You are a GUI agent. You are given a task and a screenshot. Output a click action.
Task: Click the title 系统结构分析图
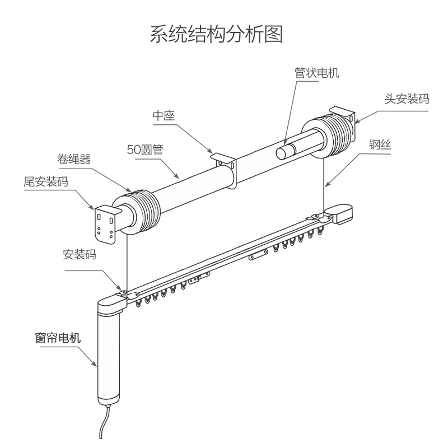pyautogui.click(x=216, y=34)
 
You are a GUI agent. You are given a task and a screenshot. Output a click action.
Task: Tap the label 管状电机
pyautogui.click(x=317, y=73)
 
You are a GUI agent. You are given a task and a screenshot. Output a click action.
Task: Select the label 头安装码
pyautogui.click(x=407, y=99)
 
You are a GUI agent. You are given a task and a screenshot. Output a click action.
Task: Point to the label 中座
pyautogui.click(x=164, y=116)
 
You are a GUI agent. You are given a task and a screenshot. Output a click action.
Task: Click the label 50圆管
pyautogui.click(x=145, y=150)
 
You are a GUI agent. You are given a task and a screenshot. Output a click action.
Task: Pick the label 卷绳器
pyautogui.click(x=74, y=159)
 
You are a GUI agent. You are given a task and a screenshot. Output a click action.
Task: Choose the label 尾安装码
pyautogui.click(x=46, y=181)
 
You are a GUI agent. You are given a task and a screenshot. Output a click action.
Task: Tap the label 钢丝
pyautogui.click(x=380, y=145)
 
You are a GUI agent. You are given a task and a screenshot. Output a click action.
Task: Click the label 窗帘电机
pyautogui.click(x=58, y=338)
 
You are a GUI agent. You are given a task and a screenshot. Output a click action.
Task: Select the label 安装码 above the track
pyautogui.click(x=80, y=254)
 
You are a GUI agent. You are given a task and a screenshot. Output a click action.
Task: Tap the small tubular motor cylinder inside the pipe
pyautogui.click(x=287, y=151)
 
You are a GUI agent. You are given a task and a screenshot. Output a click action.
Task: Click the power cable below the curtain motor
pyautogui.click(x=104, y=422)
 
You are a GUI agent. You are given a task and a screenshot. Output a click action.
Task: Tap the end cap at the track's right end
pyautogui.click(x=339, y=214)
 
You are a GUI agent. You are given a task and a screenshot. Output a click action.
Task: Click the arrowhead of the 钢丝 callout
pyautogui.click(x=327, y=184)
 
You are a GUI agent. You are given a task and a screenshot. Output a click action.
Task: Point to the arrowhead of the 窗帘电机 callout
pyautogui.click(x=95, y=363)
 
